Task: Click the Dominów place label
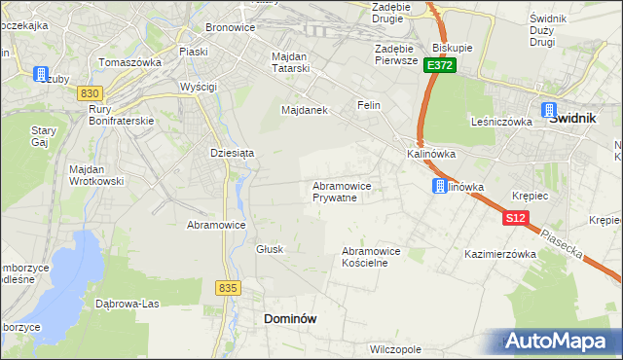pos(290,318)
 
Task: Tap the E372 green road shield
pos(439,65)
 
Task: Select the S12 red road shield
pos(516,220)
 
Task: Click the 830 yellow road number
pos(91,92)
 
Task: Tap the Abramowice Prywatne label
pos(341,191)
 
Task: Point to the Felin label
pos(368,105)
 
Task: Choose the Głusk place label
pos(270,249)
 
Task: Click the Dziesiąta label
pos(233,153)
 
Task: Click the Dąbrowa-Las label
pos(127,303)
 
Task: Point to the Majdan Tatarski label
pos(290,61)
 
